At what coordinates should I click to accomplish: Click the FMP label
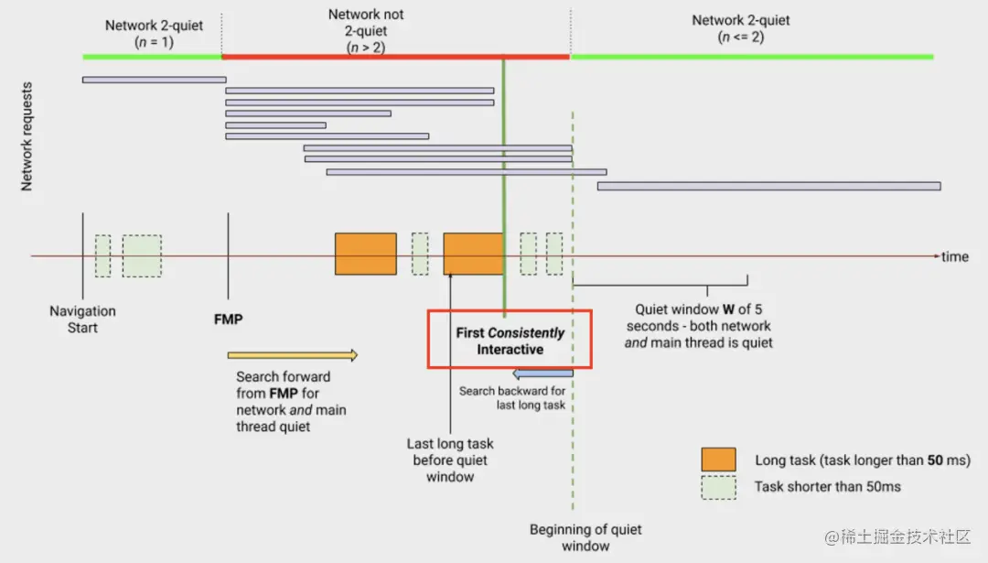pyautogui.click(x=228, y=319)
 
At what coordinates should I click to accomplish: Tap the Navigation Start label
pyautogui.click(x=82, y=319)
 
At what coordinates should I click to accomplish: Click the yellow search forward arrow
pyautogui.click(x=293, y=355)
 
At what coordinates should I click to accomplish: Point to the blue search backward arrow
pyautogui.click(x=542, y=374)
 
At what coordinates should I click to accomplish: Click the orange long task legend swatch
pyautogui.click(x=718, y=460)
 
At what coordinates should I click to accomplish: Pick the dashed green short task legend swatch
pyautogui.click(x=718, y=487)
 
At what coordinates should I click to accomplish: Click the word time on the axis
pyautogui.click(x=954, y=256)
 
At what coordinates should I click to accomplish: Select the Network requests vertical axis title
pyautogui.click(x=27, y=136)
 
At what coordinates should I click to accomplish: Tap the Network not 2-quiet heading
pyautogui.click(x=365, y=30)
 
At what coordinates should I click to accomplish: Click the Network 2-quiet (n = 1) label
pyautogui.click(x=154, y=34)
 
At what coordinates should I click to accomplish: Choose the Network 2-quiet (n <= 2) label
pyautogui.click(x=740, y=28)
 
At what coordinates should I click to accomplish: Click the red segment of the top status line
pyautogui.click(x=396, y=57)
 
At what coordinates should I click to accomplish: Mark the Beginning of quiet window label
pyautogui.click(x=585, y=537)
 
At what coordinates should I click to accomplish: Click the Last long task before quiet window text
pyautogui.click(x=450, y=460)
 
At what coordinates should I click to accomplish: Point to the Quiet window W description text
pyautogui.click(x=698, y=326)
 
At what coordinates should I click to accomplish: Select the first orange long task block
pyautogui.click(x=365, y=254)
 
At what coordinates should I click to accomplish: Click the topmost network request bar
pyautogui.click(x=155, y=80)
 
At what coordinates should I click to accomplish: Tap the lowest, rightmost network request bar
pyautogui.click(x=768, y=186)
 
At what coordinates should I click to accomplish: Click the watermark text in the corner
pyautogui.click(x=897, y=536)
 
